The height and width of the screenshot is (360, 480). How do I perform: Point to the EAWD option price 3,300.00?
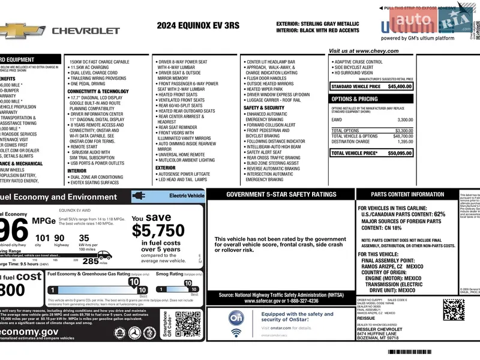405,120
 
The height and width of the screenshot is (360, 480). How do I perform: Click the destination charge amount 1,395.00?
405,142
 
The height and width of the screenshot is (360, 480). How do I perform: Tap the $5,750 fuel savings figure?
158,231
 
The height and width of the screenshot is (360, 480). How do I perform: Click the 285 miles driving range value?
91,261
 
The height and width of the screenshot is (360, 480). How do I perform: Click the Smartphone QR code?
188,325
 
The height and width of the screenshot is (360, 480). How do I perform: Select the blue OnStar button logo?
236,317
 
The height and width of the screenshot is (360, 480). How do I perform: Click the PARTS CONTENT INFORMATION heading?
407,194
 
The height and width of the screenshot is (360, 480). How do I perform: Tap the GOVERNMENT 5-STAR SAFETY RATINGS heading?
281,194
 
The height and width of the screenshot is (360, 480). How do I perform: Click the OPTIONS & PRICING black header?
355,99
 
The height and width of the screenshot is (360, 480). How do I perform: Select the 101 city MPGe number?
42,238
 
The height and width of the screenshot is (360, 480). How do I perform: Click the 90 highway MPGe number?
59,238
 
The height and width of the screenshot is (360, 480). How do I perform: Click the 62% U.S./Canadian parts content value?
439,214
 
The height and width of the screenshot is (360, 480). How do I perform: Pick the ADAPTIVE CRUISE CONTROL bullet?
358,62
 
